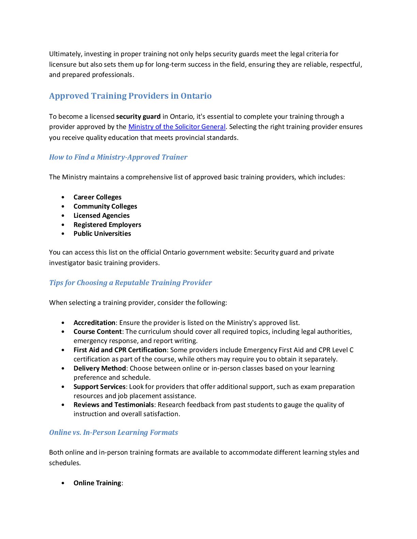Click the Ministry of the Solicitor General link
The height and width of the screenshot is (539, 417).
177,127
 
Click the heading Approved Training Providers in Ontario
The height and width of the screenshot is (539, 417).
130,96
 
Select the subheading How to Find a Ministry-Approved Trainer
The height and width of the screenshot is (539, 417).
118,157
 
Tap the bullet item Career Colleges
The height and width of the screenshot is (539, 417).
97,197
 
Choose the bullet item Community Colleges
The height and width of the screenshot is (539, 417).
105,207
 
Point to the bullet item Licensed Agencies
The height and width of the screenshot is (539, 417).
102,216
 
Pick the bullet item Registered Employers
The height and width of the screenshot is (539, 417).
107,225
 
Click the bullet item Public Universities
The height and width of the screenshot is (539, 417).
102,234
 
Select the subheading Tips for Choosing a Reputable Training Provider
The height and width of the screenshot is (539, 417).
130,283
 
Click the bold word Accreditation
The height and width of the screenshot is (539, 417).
94,323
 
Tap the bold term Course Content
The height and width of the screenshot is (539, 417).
97,332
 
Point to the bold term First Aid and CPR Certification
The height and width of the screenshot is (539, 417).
120,350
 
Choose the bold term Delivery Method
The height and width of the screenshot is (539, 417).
100,369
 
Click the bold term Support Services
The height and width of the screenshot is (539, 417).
99,387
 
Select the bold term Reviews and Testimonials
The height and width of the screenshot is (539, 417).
114,405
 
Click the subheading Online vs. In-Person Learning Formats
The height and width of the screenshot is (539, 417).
113,432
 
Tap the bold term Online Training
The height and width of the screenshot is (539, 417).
97,483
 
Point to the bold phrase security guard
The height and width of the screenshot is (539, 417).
138,117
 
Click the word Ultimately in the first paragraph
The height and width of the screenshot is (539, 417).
65,54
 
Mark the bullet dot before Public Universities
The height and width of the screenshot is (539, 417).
63,234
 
